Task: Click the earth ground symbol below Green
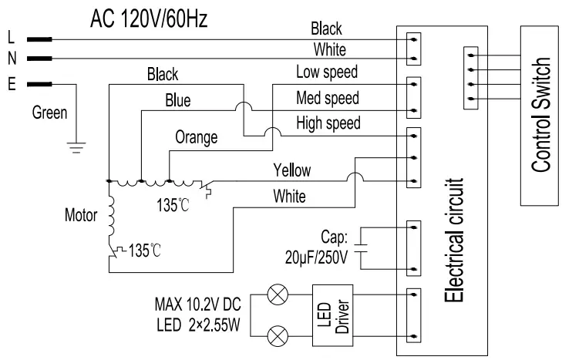[x=75, y=146]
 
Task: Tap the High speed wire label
[x=327, y=123]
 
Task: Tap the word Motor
[x=82, y=216]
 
